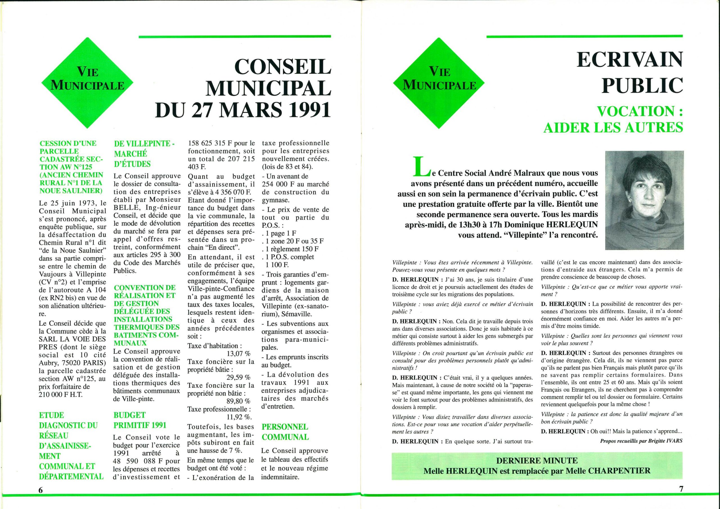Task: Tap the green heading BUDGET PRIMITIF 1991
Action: point(140,420)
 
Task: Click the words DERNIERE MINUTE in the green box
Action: point(537,460)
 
